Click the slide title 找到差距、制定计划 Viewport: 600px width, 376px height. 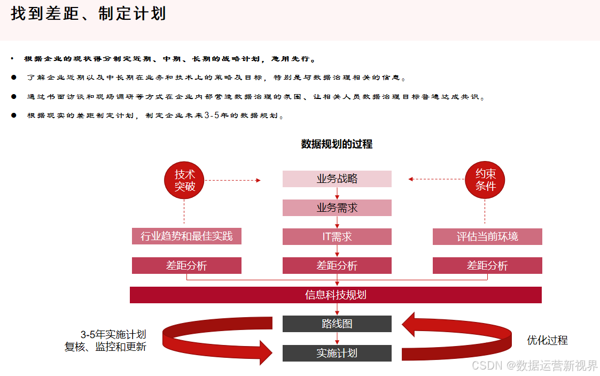click(88, 14)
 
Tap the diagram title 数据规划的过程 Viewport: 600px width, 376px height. click(337, 144)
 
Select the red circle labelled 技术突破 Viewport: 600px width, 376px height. click(185, 180)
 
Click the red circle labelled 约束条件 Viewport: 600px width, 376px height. click(486, 180)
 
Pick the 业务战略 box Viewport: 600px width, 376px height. click(337, 179)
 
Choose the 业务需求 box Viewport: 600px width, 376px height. click(337, 208)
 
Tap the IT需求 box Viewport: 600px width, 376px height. click(337, 236)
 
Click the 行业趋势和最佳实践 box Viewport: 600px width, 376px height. click(186, 236)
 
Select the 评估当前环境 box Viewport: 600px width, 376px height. click(487, 236)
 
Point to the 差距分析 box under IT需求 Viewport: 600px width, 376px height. click(337, 265)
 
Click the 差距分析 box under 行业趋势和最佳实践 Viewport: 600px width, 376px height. click(186, 265)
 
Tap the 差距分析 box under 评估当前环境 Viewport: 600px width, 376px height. click(487, 265)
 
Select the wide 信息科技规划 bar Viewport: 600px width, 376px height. click(336, 295)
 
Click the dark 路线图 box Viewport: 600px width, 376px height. click(337, 324)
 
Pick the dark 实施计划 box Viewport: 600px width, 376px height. click(337, 353)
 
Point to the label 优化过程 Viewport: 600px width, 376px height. click(547, 340)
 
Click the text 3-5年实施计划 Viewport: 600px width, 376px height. click(113, 334)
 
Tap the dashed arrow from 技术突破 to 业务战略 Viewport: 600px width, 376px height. click(233, 180)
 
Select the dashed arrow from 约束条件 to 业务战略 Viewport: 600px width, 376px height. click(436, 179)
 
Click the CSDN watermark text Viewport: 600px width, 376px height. click(535, 365)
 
